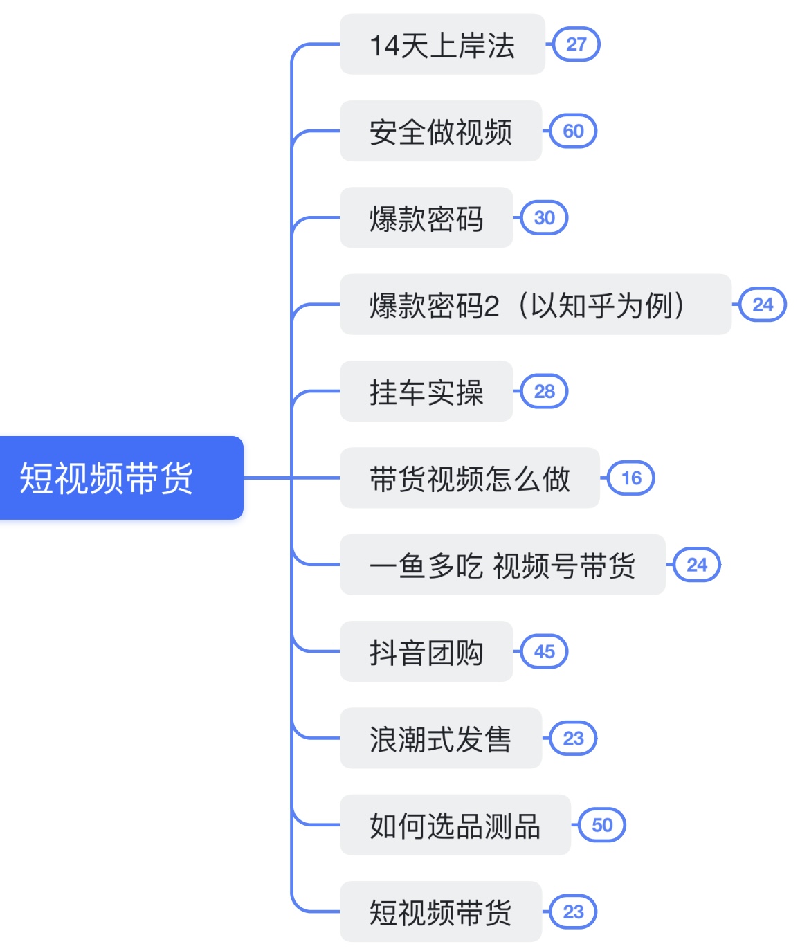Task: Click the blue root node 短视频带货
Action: coord(121,478)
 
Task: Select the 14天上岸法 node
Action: coord(442,44)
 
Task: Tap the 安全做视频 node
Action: coord(441,131)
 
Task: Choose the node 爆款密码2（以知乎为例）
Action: coord(536,304)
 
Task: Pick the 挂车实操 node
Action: coord(426,391)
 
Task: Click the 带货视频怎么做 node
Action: coord(470,478)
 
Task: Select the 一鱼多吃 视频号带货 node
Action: coord(502,565)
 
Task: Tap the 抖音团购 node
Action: coord(426,651)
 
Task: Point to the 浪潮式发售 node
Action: coord(441,738)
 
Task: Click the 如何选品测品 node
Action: coord(455,824)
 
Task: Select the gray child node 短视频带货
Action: coord(441,912)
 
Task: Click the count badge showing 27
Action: coord(576,44)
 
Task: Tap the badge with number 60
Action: coord(574,131)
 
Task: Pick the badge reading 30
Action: coord(545,217)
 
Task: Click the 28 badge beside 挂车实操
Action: coord(545,391)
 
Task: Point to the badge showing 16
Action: coord(631,478)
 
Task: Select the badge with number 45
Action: coord(545,651)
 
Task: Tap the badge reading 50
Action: coord(603,825)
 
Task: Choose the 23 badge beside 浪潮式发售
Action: coord(574,738)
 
